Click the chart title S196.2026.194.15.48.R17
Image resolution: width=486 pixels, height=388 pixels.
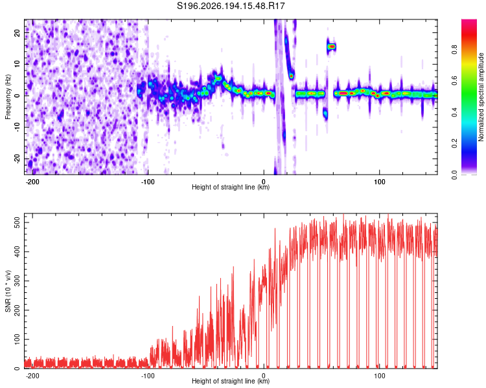[231, 6]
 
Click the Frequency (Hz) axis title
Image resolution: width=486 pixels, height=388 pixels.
[8, 97]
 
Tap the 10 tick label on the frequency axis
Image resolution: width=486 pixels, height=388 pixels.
[17, 64]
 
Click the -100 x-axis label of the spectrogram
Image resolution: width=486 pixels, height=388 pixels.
[148, 182]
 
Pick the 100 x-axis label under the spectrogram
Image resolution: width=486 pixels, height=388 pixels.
[379, 182]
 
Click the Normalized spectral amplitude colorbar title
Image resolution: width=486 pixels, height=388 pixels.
[481, 97]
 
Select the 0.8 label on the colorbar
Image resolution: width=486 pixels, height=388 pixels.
[454, 50]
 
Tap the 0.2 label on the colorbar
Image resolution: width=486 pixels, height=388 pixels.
[454, 144]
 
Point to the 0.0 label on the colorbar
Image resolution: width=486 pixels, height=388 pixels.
[454, 175]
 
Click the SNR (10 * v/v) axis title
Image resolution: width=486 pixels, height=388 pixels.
[8, 291]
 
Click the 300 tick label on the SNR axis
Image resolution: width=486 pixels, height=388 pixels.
[17, 281]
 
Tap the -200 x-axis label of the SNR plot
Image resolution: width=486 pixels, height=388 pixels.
[32, 376]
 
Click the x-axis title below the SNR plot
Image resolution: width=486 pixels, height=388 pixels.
[231, 381]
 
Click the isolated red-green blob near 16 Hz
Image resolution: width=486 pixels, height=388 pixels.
[332, 47]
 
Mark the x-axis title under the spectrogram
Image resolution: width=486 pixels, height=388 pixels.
[231, 187]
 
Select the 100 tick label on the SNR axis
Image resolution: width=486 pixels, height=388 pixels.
[17, 339]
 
